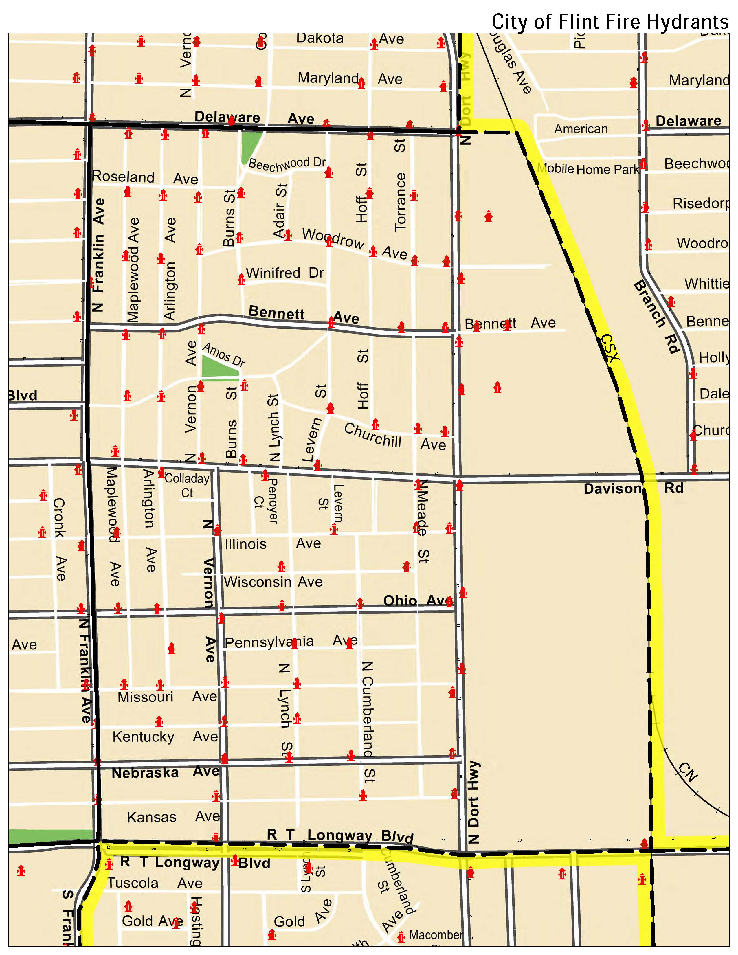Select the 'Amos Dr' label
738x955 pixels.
tap(223, 354)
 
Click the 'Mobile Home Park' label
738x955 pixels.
tap(588, 169)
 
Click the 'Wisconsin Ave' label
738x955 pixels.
tap(273, 582)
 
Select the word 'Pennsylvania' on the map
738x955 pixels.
tap(269, 642)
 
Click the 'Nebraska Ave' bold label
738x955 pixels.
tap(165, 772)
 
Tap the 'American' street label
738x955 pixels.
tap(581, 129)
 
